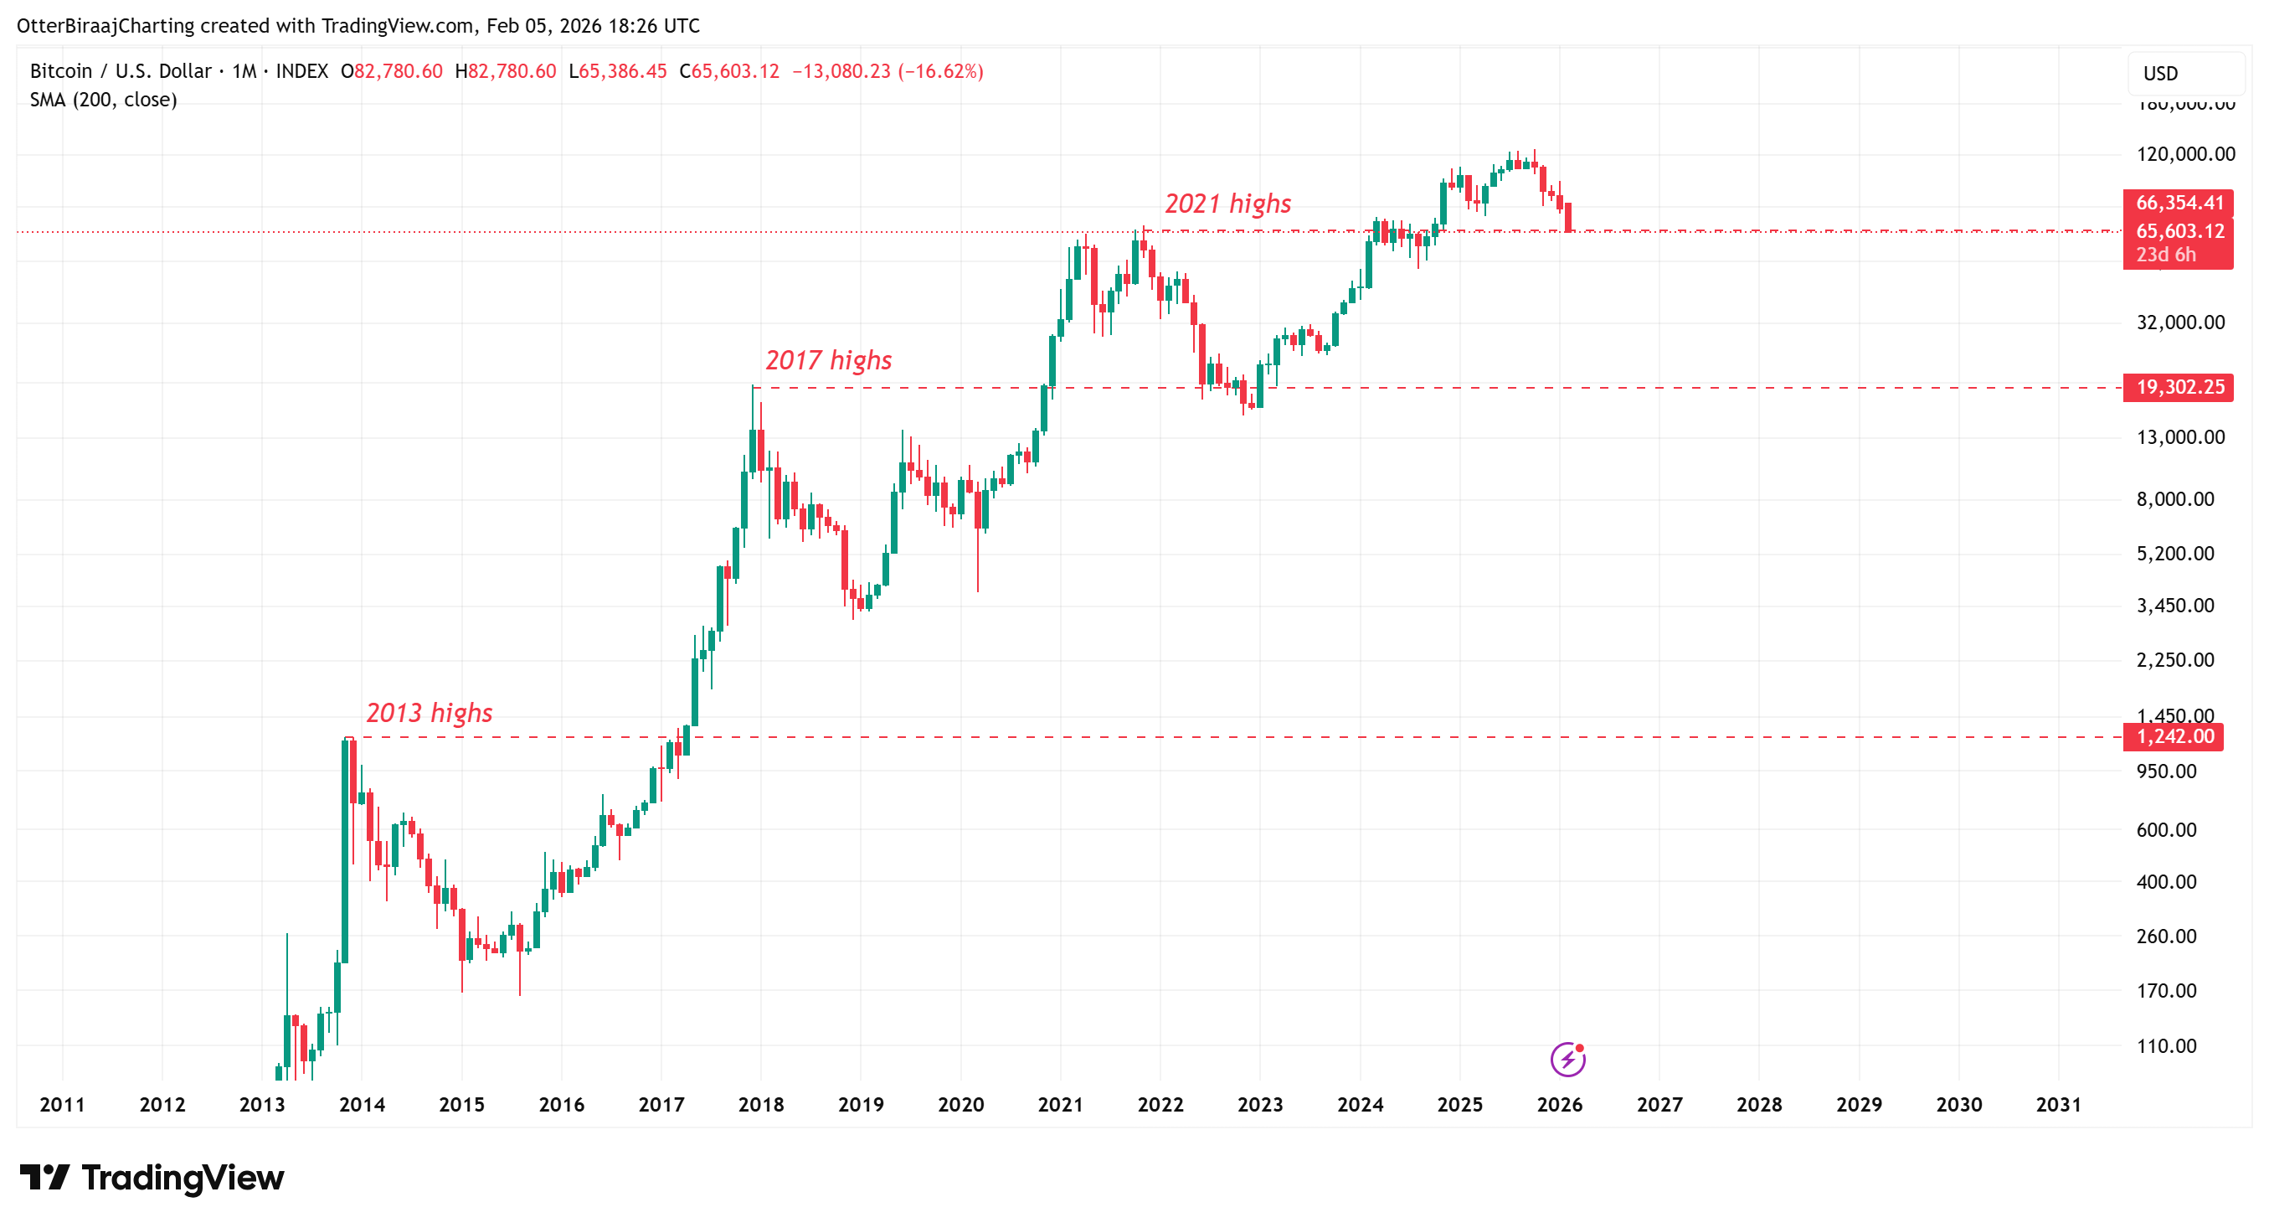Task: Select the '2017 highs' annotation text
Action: click(828, 360)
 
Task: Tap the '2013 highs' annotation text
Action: click(429, 713)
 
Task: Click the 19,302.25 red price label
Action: click(2178, 387)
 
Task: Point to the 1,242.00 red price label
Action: click(2173, 736)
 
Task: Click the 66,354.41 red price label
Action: click(2178, 203)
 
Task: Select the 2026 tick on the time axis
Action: click(1559, 1105)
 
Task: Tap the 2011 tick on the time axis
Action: click(62, 1105)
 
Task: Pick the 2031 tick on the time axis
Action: click(2058, 1105)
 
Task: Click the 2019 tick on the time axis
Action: click(861, 1105)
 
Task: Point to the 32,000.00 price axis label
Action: click(2180, 322)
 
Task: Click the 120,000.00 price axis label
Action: click(2185, 154)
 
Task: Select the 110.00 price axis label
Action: click(2166, 1045)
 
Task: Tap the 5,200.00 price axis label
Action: click(2174, 553)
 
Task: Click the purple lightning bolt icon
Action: click(1567, 1059)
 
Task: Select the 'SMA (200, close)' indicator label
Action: click(103, 100)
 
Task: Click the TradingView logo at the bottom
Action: click(152, 1178)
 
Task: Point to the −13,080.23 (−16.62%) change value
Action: click(887, 71)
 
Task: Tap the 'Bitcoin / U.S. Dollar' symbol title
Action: click(121, 71)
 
